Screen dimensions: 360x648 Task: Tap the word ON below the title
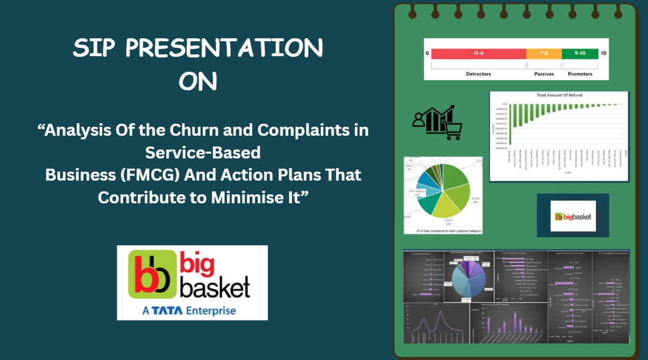(198, 81)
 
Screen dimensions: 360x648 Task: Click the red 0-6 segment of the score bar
(478, 53)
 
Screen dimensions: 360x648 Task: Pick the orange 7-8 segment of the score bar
(544, 53)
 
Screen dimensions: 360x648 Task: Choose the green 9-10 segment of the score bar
(580, 53)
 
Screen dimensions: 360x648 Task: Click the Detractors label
(478, 74)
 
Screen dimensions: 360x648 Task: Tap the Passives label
(544, 74)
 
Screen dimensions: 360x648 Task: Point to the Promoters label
(580, 74)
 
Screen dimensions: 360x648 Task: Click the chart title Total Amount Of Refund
(559, 96)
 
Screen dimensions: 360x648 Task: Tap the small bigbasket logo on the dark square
(573, 216)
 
